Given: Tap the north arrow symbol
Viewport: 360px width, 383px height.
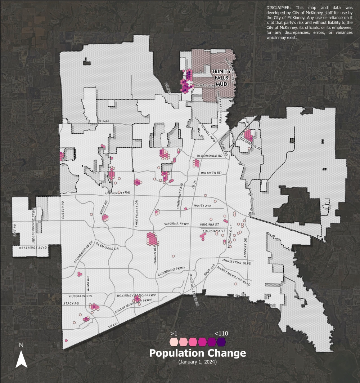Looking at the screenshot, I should pos(21,357).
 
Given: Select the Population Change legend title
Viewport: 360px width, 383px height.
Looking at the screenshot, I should pos(198,353).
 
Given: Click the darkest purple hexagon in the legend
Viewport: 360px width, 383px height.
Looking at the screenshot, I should pos(221,342).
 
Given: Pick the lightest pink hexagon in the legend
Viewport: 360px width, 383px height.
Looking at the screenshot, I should pos(174,342).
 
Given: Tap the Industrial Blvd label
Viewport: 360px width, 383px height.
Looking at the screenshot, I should pos(236,262).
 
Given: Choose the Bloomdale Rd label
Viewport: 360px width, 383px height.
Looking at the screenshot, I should pos(208,156).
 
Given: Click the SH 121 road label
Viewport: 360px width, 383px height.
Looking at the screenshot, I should pos(113,326).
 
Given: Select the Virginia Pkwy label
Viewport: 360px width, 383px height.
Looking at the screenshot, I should pos(176,224).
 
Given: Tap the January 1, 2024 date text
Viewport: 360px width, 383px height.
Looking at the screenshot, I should pos(198,362).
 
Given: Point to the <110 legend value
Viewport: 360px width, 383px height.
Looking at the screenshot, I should pos(221,334).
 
